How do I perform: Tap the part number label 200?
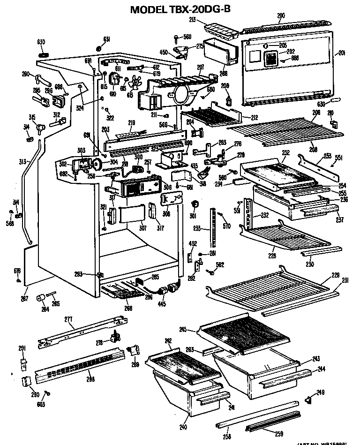pos(281,15)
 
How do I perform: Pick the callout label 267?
pos(24,299)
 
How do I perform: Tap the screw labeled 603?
pos(46,392)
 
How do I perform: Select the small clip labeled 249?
pos(308,399)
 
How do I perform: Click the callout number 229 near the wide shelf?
pos(335,275)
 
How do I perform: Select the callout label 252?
pos(286,152)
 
